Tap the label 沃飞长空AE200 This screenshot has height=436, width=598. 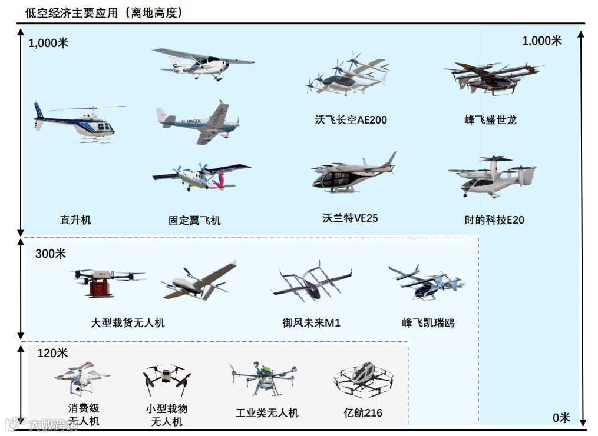click(x=351, y=120)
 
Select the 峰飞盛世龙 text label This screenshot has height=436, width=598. click(x=490, y=120)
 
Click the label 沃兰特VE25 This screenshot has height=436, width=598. click(x=350, y=218)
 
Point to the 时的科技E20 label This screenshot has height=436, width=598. click(x=494, y=220)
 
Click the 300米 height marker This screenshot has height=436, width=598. click(x=51, y=254)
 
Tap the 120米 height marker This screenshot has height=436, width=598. click(x=52, y=353)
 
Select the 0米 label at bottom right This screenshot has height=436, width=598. click(x=561, y=418)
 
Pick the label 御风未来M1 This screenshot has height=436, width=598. click(x=311, y=323)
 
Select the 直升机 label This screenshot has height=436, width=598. click(x=75, y=220)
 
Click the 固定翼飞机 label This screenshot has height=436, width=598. click(x=194, y=221)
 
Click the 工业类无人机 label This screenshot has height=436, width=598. click(x=267, y=413)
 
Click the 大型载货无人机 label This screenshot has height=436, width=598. click(x=128, y=323)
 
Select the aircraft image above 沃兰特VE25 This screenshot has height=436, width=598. click(x=352, y=173)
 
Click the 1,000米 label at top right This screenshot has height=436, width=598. click(x=542, y=41)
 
